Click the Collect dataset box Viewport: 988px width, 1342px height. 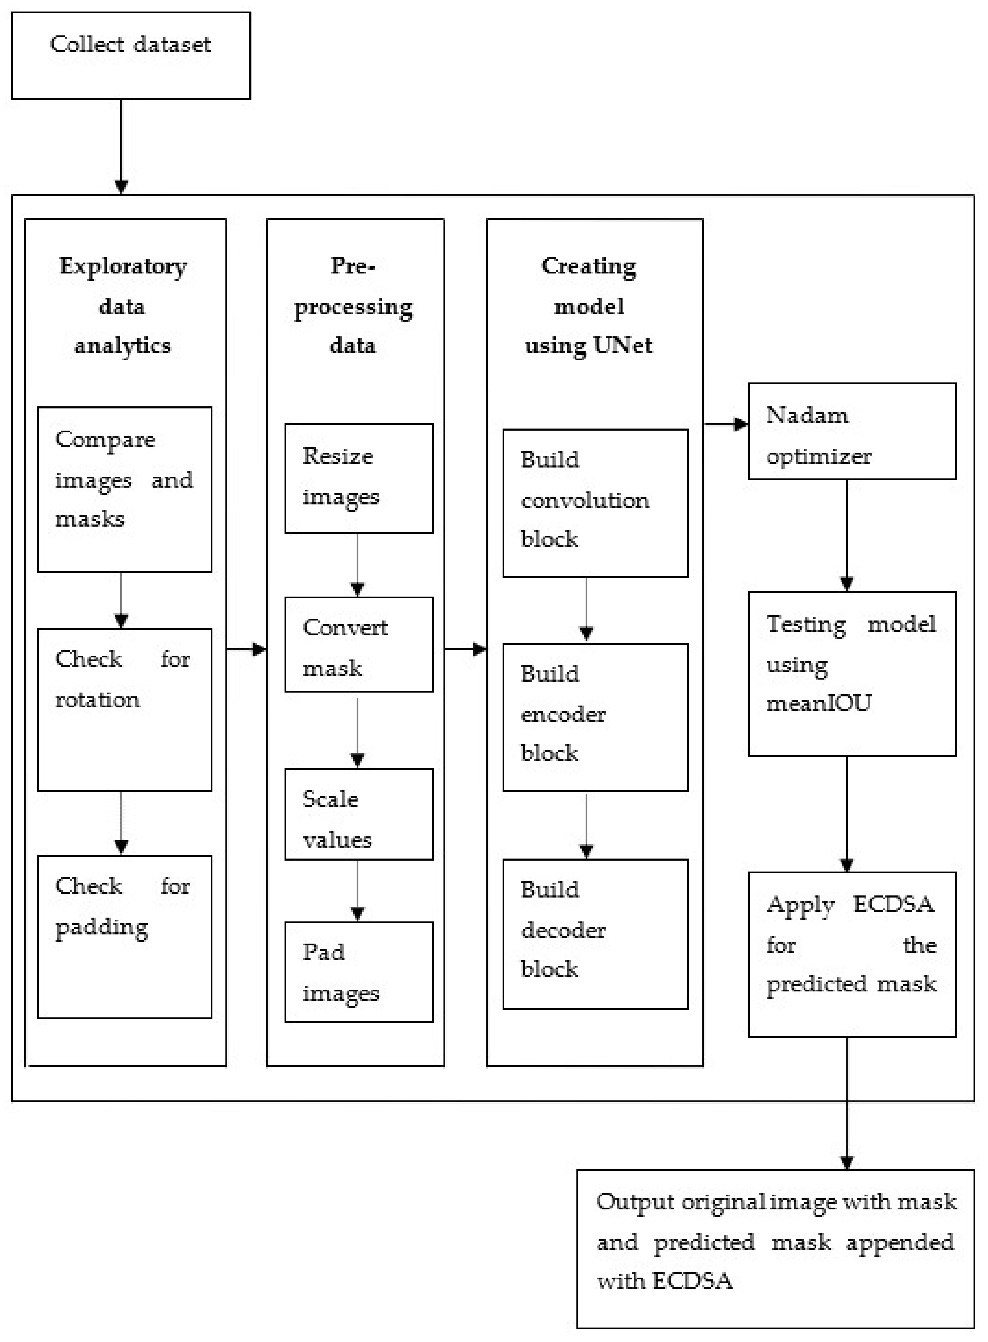click(131, 56)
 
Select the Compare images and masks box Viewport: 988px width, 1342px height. click(124, 489)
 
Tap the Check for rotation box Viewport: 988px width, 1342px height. click(124, 710)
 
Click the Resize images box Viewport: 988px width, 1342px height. click(359, 478)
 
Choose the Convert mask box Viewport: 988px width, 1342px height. click(359, 644)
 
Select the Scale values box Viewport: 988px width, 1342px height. click(359, 814)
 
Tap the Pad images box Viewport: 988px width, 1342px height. click(359, 972)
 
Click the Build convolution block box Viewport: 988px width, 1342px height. click(595, 503)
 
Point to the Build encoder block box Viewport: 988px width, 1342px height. click(595, 717)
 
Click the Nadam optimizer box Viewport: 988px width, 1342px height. click(851, 431)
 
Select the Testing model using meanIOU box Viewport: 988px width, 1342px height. click(851, 674)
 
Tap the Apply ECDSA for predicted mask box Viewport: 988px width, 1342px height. click(851, 954)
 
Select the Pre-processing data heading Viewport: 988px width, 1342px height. click(353, 305)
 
